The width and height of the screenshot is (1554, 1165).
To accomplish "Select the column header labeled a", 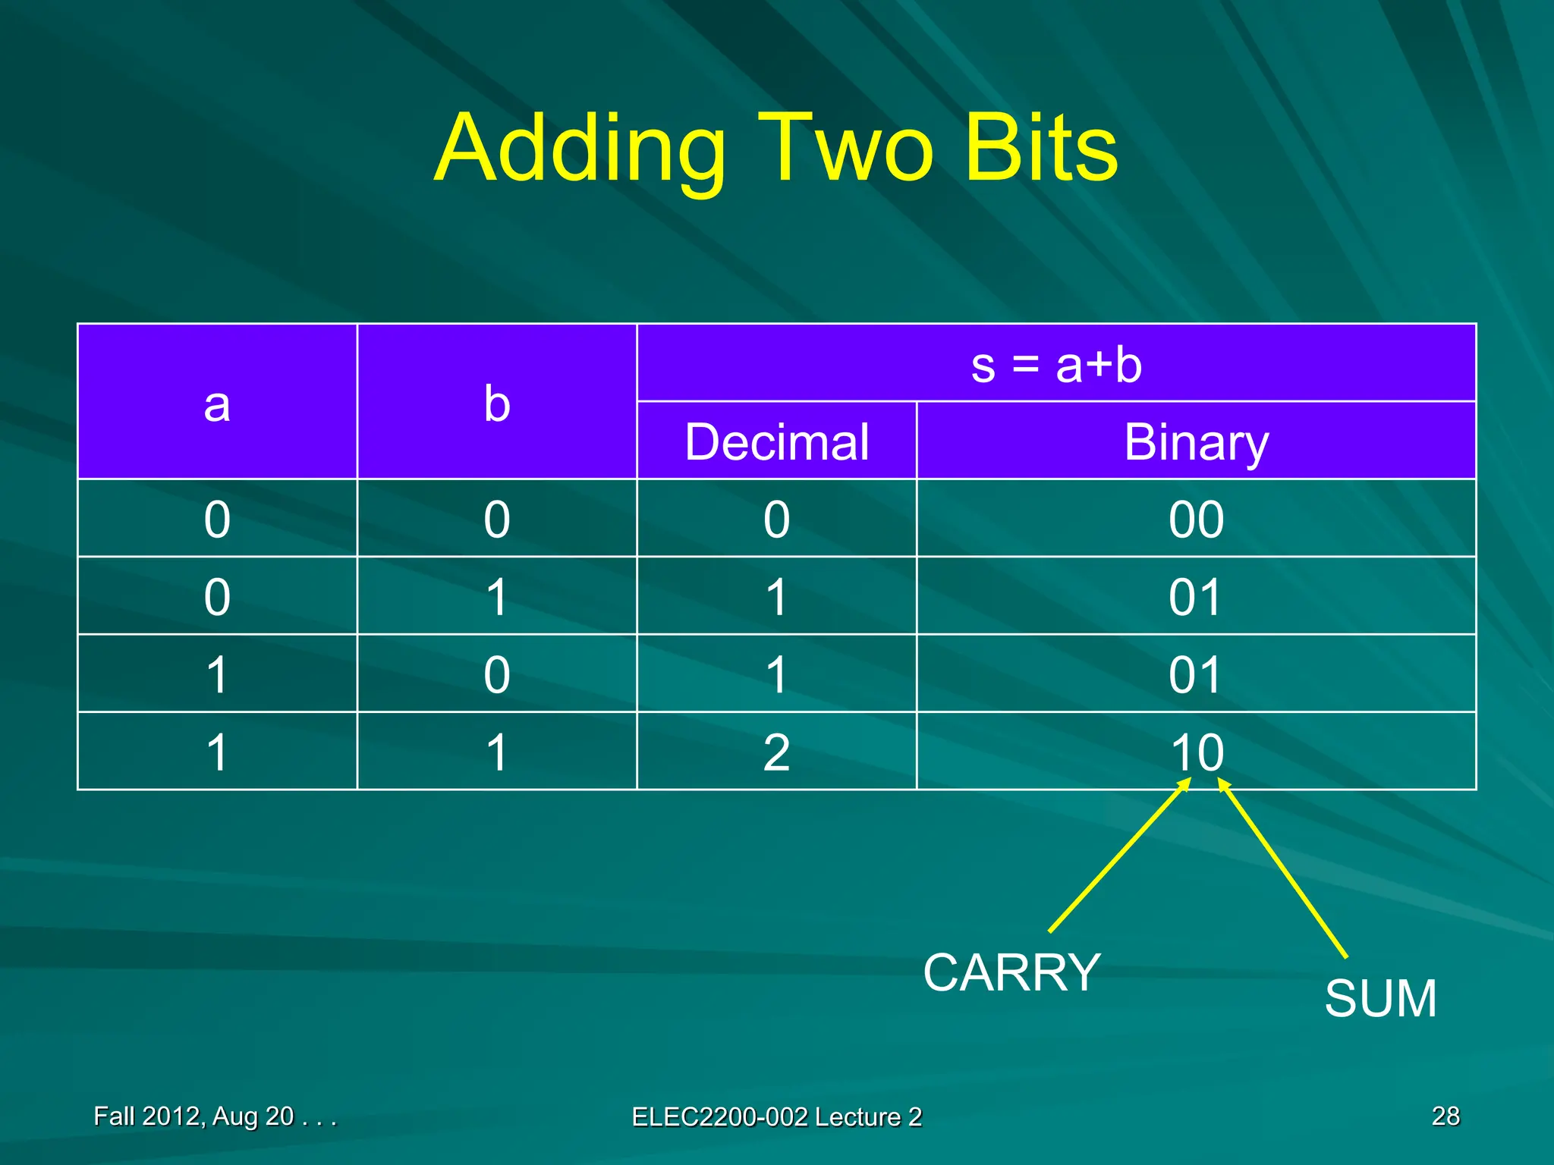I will click(x=217, y=403).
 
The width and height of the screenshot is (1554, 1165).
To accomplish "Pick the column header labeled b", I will click(x=497, y=403).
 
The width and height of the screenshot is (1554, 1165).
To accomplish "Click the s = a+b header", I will click(x=1056, y=364).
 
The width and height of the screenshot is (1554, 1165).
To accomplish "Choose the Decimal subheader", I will click(x=776, y=441).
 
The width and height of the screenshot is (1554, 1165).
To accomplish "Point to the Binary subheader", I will click(x=1196, y=441).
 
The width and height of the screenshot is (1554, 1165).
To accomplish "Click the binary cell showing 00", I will click(x=1196, y=520).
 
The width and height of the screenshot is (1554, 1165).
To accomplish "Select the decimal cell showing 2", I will click(x=776, y=752).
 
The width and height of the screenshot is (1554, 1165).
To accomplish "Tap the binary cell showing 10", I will click(x=1196, y=752).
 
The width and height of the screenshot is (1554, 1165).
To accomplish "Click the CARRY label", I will click(x=1011, y=972).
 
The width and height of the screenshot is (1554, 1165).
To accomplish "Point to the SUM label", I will click(x=1380, y=998).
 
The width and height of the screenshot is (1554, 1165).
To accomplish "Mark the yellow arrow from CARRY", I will click(x=1119, y=857).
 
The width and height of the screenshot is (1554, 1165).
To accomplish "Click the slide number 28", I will click(x=1445, y=1116).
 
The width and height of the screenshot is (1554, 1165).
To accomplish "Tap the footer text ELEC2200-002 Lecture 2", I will click(x=776, y=1116).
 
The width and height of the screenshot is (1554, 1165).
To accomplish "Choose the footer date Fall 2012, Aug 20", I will click(x=214, y=1116).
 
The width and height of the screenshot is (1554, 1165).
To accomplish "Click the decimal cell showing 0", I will click(x=776, y=520).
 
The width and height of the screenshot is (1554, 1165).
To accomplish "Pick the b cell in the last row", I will click(x=497, y=752).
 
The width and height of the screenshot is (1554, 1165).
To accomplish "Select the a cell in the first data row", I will click(x=217, y=520).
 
